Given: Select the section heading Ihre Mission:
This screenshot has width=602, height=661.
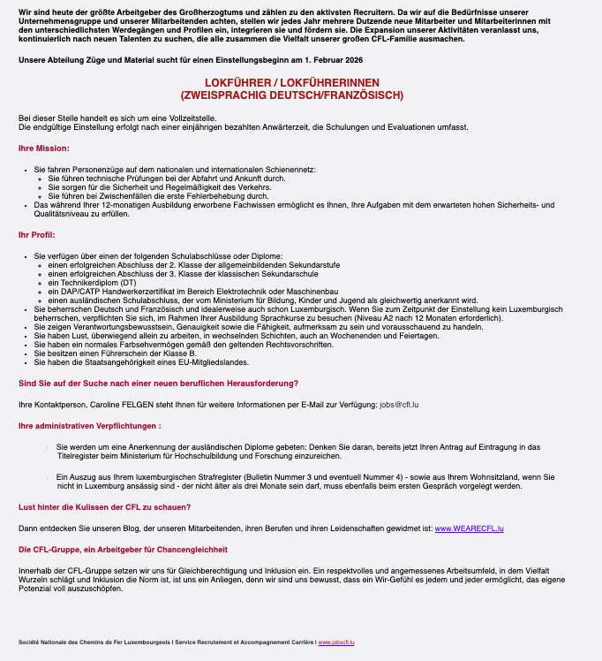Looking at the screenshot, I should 43,148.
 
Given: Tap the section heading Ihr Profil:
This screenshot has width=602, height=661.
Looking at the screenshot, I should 37,234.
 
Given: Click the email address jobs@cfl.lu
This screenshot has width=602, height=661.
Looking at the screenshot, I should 399,404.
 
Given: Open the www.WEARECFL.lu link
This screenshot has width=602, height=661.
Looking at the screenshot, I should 469,528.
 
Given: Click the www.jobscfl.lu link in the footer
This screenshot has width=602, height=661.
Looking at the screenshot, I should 336,642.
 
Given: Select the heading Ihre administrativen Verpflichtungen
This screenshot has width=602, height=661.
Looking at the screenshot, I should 88,426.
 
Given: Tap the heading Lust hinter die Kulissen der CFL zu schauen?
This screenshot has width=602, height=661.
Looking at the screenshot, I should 104,506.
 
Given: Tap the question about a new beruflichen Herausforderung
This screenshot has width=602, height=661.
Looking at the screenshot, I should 158,383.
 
